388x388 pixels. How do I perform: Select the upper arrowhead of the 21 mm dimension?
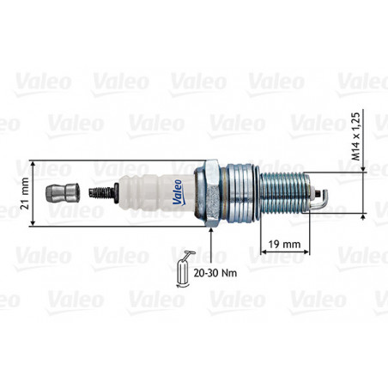33,164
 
